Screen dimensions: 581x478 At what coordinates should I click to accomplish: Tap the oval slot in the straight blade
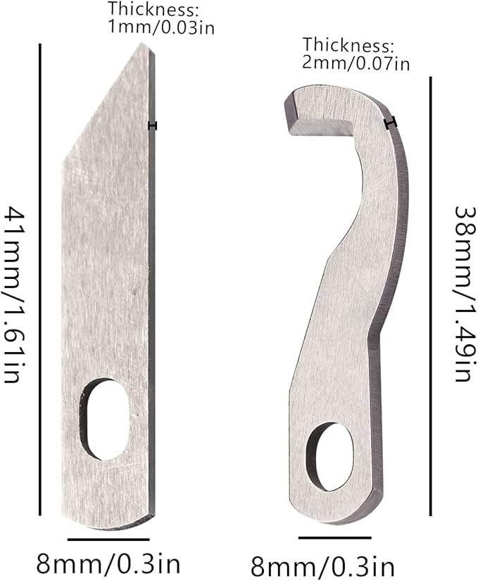click(106, 419)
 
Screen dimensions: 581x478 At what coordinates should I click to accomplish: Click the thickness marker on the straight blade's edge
click(153, 125)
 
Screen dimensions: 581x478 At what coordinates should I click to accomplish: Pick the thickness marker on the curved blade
click(391, 123)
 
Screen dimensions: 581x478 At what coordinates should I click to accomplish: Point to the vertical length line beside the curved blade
click(430, 296)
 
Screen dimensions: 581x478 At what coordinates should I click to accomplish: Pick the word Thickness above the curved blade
click(346, 46)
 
